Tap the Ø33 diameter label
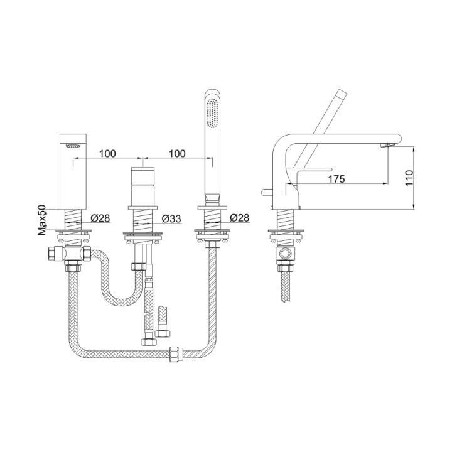pos(171,218)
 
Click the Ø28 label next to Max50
pos(100,218)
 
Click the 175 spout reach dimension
pos(336,180)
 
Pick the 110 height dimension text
pos(409,178)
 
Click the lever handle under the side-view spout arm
pos(314,169)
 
